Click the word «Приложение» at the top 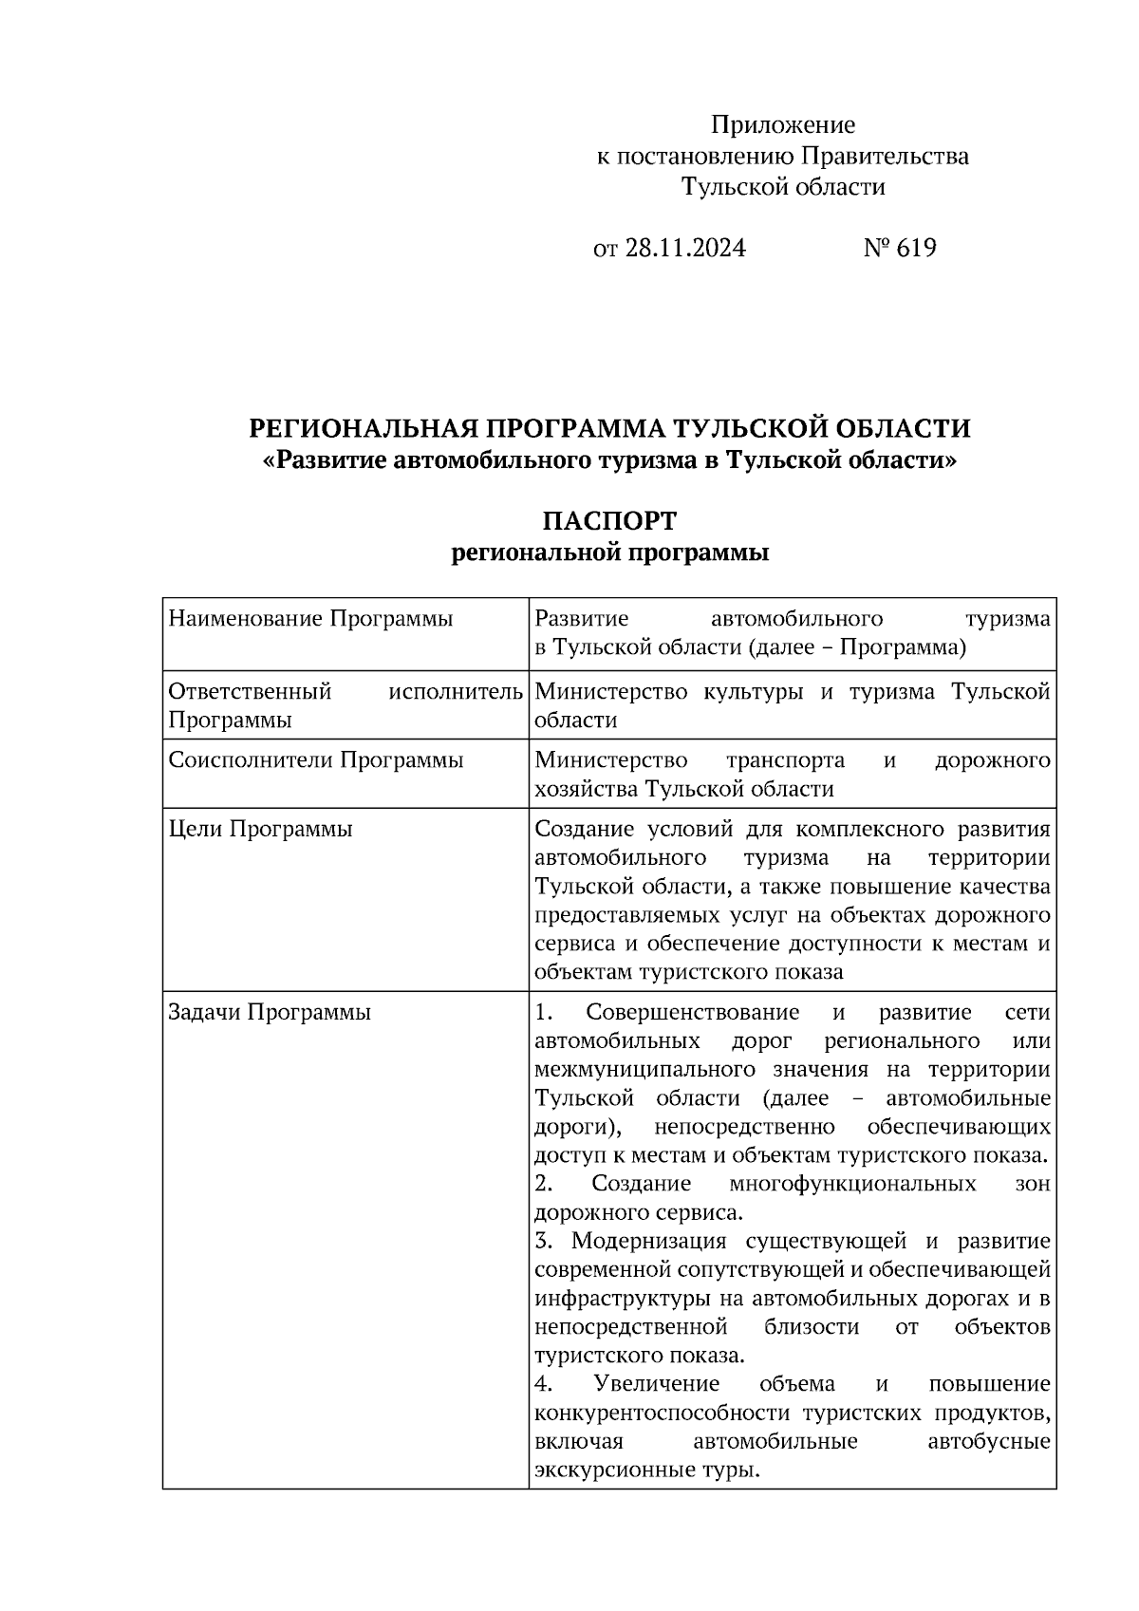783,125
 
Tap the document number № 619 900,249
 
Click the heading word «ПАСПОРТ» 609,521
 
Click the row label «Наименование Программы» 310,620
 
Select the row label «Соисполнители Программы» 316,760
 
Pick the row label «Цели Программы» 260,829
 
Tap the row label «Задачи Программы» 270,1012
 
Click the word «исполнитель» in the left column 456,691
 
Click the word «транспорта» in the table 785,760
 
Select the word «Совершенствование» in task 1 693,1012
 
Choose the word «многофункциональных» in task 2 852,1184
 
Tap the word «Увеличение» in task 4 656,1384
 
